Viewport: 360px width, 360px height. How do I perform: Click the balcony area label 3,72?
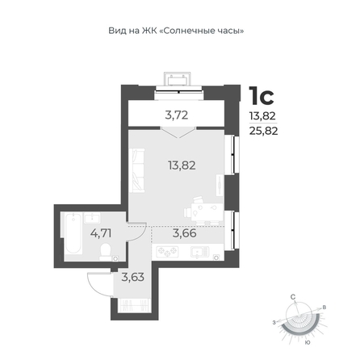177,115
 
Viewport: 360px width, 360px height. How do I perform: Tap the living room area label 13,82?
182,165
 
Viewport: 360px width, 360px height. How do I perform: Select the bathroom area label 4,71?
101,233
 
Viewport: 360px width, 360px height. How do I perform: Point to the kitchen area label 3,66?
184,233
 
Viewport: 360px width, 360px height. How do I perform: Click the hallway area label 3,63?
133,277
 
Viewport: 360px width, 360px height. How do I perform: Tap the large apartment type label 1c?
262,96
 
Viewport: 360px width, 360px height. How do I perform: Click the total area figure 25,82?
263,131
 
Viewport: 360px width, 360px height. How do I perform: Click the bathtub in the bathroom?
73,233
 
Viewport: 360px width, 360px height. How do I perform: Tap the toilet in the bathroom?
105,251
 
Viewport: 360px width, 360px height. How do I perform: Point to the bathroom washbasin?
92,217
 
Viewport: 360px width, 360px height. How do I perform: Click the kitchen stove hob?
168,252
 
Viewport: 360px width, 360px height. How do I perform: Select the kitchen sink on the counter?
200,252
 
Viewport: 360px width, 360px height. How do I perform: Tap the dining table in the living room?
207,211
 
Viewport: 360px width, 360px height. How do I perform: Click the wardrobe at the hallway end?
134,305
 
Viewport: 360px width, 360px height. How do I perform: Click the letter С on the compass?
293,297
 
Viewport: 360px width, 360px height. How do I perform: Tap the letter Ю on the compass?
307,342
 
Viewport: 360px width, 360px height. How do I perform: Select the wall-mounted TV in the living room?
220,185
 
